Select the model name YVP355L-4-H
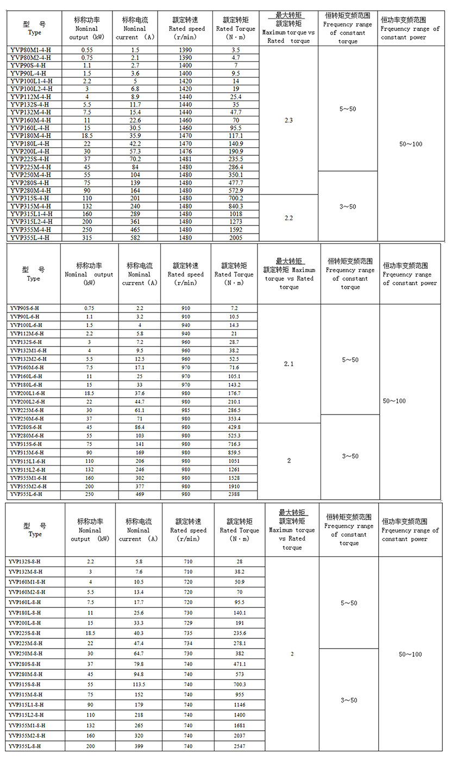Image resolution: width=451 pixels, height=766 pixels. point(29,237)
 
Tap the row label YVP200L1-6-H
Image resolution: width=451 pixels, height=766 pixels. point(28,393)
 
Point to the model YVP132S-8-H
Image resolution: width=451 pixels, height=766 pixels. point(27,562)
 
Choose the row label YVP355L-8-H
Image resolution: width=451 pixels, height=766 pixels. point(25,746)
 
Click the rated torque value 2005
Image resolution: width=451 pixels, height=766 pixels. point(236,237)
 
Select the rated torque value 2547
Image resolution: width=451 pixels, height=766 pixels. point(239,746)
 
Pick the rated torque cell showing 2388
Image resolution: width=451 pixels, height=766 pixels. point(234,494)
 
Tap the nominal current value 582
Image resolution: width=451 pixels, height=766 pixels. point(135,237)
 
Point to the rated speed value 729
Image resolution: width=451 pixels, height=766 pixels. point(188,623)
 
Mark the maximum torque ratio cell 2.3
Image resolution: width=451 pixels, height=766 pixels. point(289,120)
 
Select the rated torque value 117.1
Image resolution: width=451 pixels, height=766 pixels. point(236,135)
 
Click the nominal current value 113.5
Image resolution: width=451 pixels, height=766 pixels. point(139,685)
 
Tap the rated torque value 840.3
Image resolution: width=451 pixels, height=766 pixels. point(236,206)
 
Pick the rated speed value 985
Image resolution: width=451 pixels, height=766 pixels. point(186,410)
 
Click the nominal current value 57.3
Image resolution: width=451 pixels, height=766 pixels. point(135,151)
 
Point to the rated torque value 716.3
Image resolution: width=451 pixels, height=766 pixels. point(234,444)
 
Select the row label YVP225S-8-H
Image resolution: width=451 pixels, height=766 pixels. point(25,633)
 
